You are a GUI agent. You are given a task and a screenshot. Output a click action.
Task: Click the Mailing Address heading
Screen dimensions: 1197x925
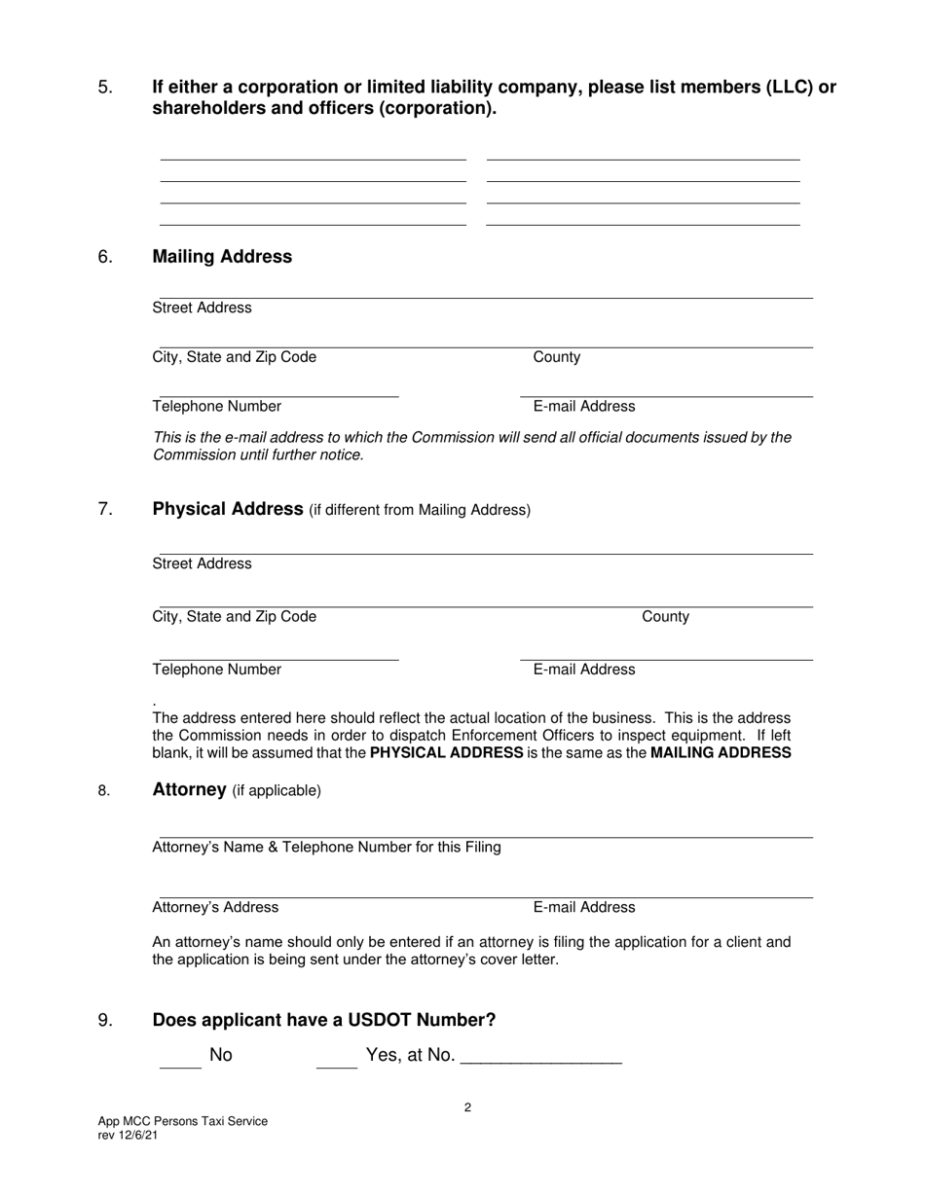click(x=222, y=257)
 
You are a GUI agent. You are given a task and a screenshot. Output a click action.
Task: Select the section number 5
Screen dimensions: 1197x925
click(x=106, y=88)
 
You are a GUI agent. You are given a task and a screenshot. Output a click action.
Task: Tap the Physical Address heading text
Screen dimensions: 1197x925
click(x=229, y=509)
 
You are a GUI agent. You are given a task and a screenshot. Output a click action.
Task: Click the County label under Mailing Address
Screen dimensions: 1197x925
click(x=556, y=357)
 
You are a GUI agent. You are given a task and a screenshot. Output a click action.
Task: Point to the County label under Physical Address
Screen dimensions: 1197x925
click(x=665, y=617)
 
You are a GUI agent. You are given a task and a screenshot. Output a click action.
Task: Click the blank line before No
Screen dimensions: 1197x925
click(x=179, y=1065)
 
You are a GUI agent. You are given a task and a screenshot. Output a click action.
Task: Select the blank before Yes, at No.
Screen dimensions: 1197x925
click(x=337, y=1065)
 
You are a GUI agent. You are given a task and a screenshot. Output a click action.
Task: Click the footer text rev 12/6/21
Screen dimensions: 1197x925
click(x=128, y=1135)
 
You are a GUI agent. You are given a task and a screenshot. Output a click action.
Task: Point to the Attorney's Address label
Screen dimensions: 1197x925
click(x=215, y=908)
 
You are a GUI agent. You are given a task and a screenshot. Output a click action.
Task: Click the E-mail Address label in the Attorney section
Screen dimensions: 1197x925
click(x=583, y=908)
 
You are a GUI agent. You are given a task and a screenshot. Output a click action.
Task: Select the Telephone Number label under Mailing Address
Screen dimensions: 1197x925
click(x=217, y=407)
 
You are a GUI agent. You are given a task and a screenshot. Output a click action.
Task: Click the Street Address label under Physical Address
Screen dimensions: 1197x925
click(x=202, y=564)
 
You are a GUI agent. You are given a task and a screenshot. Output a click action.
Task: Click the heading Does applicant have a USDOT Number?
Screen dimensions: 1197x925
click(x=324, y=1020)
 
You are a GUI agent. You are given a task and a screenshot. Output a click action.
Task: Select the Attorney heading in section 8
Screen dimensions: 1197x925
click(x=190, y=790)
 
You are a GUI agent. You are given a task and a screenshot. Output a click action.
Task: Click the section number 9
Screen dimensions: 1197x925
click(x=106, y=1021)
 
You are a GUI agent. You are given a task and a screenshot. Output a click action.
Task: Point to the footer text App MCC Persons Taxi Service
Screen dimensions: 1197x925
click(x=182, y=1121)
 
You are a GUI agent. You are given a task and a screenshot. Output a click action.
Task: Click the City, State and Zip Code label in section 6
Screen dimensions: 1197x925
click(x=235, y=357)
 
